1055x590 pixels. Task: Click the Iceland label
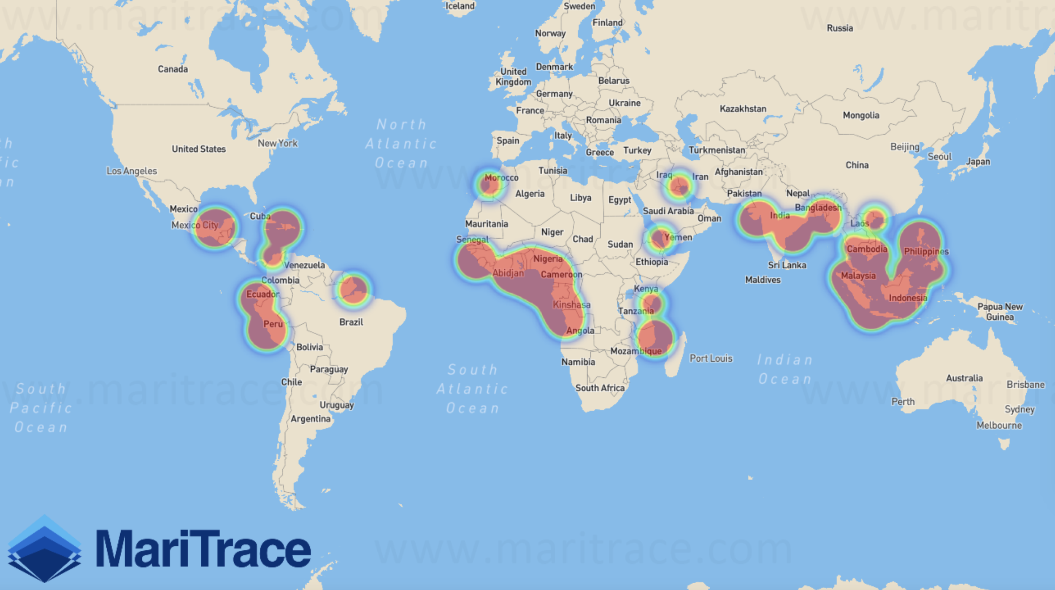coord(460,6)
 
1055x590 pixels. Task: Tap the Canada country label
coord(173,69)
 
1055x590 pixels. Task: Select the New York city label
coord(278,143)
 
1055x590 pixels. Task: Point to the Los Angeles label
coord(131,171)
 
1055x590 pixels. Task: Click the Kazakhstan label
coord(743,108)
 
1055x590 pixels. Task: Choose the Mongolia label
coord(861,115)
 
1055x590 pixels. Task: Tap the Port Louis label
coord(711,358)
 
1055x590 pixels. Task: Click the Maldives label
coord(763,280)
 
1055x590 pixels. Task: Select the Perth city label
coord(903,401)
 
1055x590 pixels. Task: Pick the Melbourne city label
coord(999,425)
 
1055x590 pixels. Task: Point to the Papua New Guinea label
coord(1000,311)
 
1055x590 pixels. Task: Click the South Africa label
coord(600,388)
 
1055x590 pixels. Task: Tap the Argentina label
coord(310,419)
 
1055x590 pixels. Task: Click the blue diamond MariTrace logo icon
coord(44,549)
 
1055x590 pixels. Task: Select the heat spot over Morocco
coord(490,184)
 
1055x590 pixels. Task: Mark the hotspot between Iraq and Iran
coord(680,186)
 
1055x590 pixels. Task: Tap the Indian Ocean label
coord(784,369)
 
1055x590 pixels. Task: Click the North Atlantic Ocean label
coord(401,143)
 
